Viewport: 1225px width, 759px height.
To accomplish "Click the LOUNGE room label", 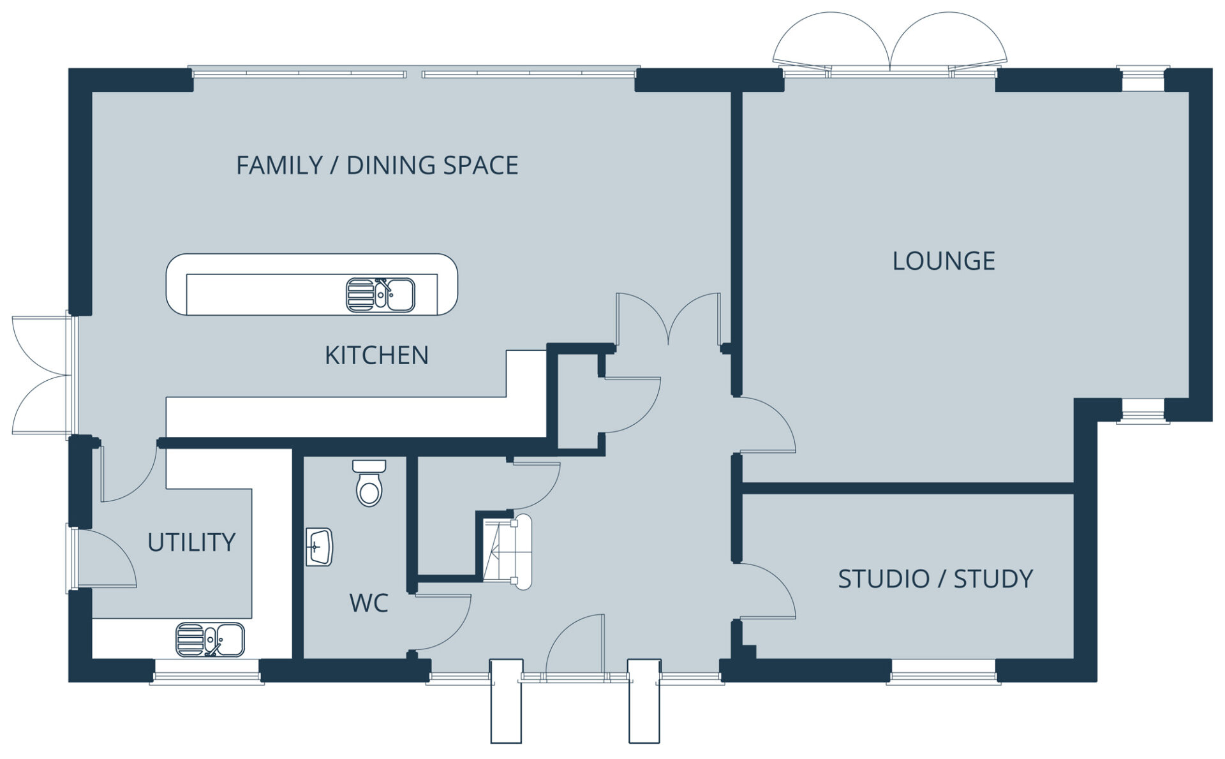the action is [x=944, y=261].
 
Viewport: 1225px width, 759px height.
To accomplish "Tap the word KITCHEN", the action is [x=376, y=355].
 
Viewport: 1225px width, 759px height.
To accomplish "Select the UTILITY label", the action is [x=191, y=542].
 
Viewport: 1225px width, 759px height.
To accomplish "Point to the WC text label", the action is [x=369, y=603].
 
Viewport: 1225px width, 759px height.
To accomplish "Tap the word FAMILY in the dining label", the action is [x=279, y=165].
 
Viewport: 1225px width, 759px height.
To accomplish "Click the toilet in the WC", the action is [x=369, y=483].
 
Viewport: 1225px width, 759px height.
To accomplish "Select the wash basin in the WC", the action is [x=320, y=547].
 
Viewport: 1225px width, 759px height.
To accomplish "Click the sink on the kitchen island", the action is [x=380, y=295].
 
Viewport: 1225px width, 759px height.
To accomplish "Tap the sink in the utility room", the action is [x=211, y=640].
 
